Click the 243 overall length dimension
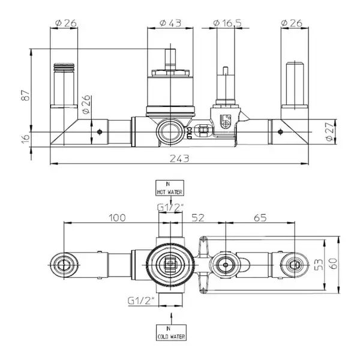click(179, 158)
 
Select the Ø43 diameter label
click(170, 23)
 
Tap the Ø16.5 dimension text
click(227, 23)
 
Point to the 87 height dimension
click(25, 95)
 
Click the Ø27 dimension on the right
click(329, 131)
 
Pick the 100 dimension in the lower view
click(117, 218)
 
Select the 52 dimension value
click(198, 218)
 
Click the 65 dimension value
click(260, 218)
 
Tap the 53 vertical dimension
click(319, 265)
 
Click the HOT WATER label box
click(170, 188)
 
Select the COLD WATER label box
click(171, 332)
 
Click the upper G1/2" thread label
click(170, 208)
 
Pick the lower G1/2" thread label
click(141, 301)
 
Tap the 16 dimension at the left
click(25, 138)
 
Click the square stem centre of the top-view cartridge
click(170, 264)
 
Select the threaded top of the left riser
click(64, 67)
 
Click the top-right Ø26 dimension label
click(292, 23)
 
